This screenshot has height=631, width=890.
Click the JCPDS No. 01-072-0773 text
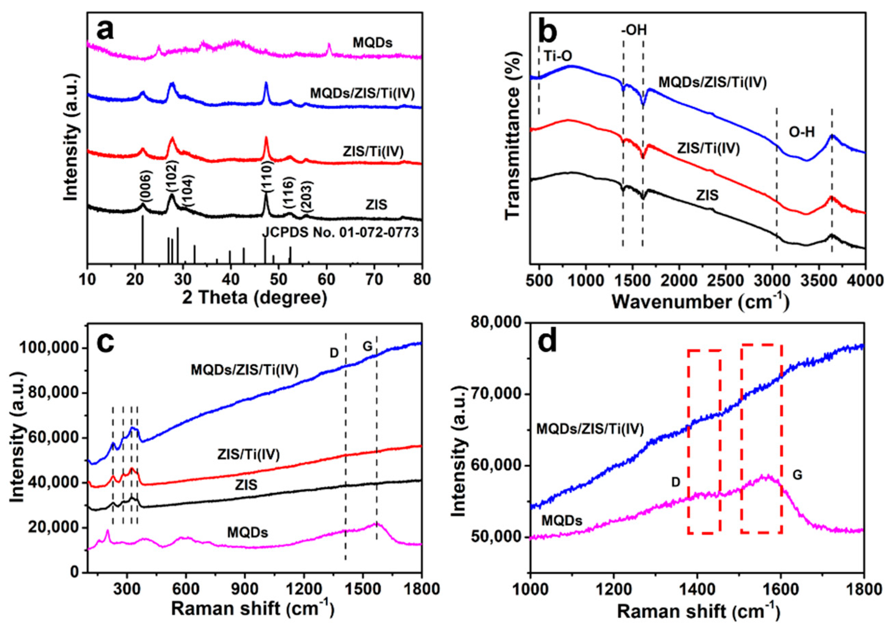pos(341,233)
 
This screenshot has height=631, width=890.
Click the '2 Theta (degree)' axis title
pos(254,298)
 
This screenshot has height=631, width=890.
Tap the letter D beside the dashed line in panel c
pos(334,353)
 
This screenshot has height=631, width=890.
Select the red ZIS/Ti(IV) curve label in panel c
pos(249,454)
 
